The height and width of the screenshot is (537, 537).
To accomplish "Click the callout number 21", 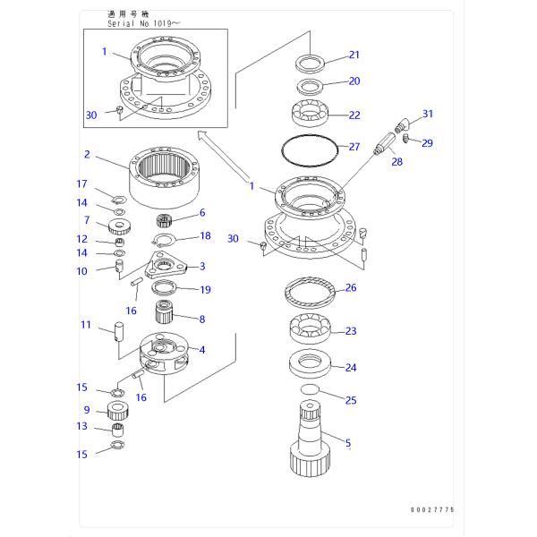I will coord(354,55).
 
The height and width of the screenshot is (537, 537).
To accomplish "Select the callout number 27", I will coord(354,147).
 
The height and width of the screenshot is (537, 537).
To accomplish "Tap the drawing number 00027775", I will coord(432,509).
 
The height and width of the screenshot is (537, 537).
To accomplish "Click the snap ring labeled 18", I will coord(162,239).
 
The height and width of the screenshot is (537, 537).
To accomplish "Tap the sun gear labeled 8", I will coord(166,314).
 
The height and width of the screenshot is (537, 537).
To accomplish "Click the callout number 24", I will coord(351,367).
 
